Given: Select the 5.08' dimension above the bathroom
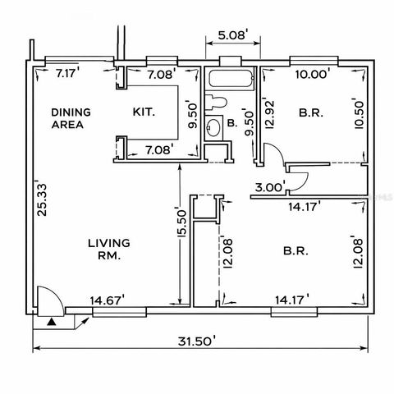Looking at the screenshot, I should [x=232, y=35].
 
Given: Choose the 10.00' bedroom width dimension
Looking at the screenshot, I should [x=313, y=74].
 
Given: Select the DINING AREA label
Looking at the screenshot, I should [x=70, y=118].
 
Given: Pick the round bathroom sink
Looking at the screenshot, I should [x=214, y=127].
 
